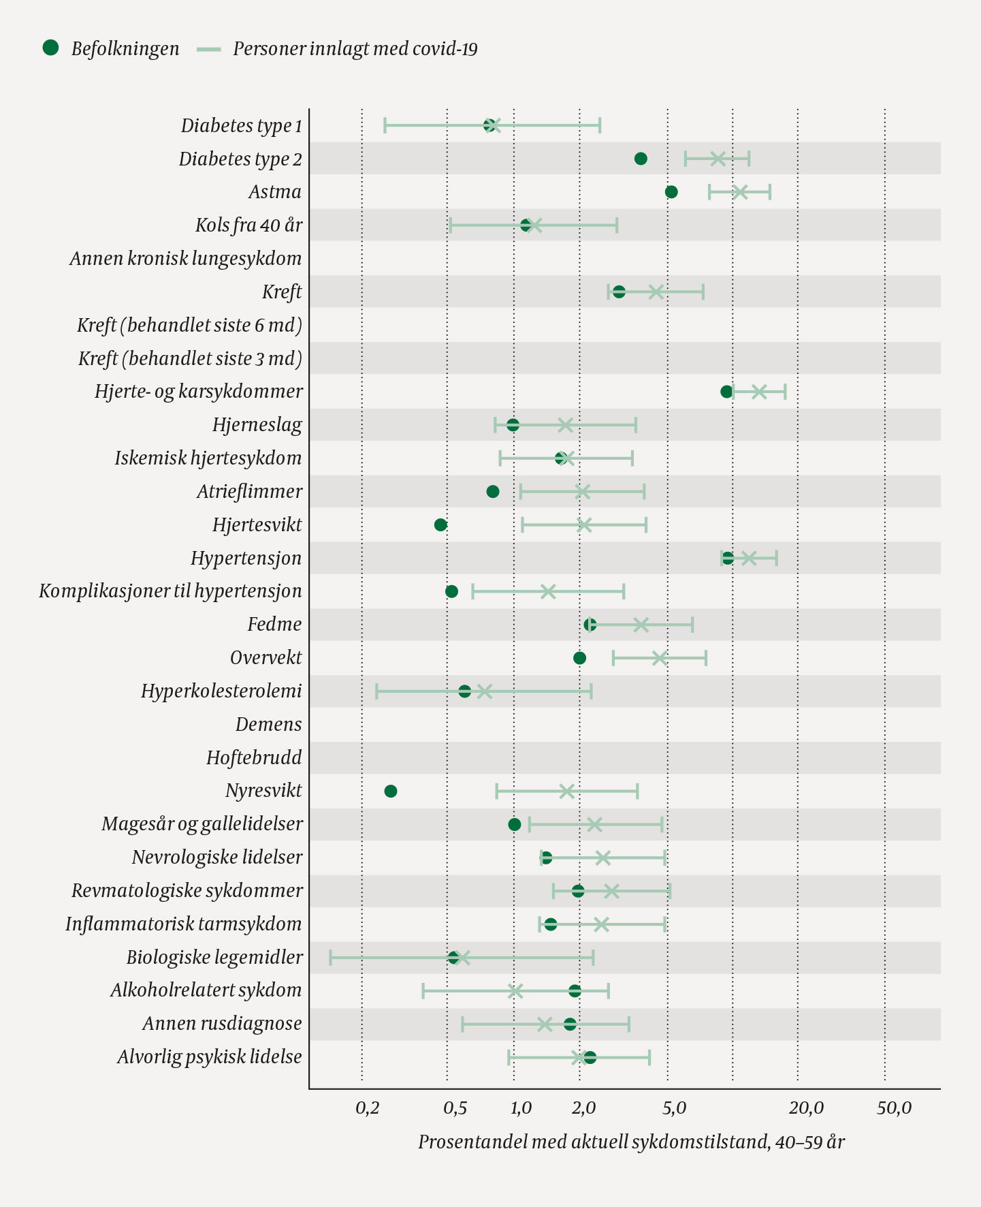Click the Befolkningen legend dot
[x=50, y=48]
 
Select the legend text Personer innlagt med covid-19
[x=355, y=49]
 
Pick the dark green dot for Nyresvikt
[x=391, y=791]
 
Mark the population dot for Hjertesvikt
[x=440, y=524]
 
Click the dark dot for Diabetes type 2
[x=641, y=159]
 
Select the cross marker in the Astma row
[x=740, y=192]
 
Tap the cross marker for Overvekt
[x=659, y=658]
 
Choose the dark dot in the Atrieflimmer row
[x=493, y=491]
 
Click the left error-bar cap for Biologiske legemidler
[x=331, y=958]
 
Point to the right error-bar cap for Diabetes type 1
[x=600, y=125]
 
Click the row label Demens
[x=268, y=724]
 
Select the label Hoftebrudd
[x=254, y=757]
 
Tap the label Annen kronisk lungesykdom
[x=185, y=259]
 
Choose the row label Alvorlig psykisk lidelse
[x=209, y=1057]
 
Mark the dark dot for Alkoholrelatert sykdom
[x=575, y=990]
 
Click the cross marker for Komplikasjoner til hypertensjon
[x=548, y=591]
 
